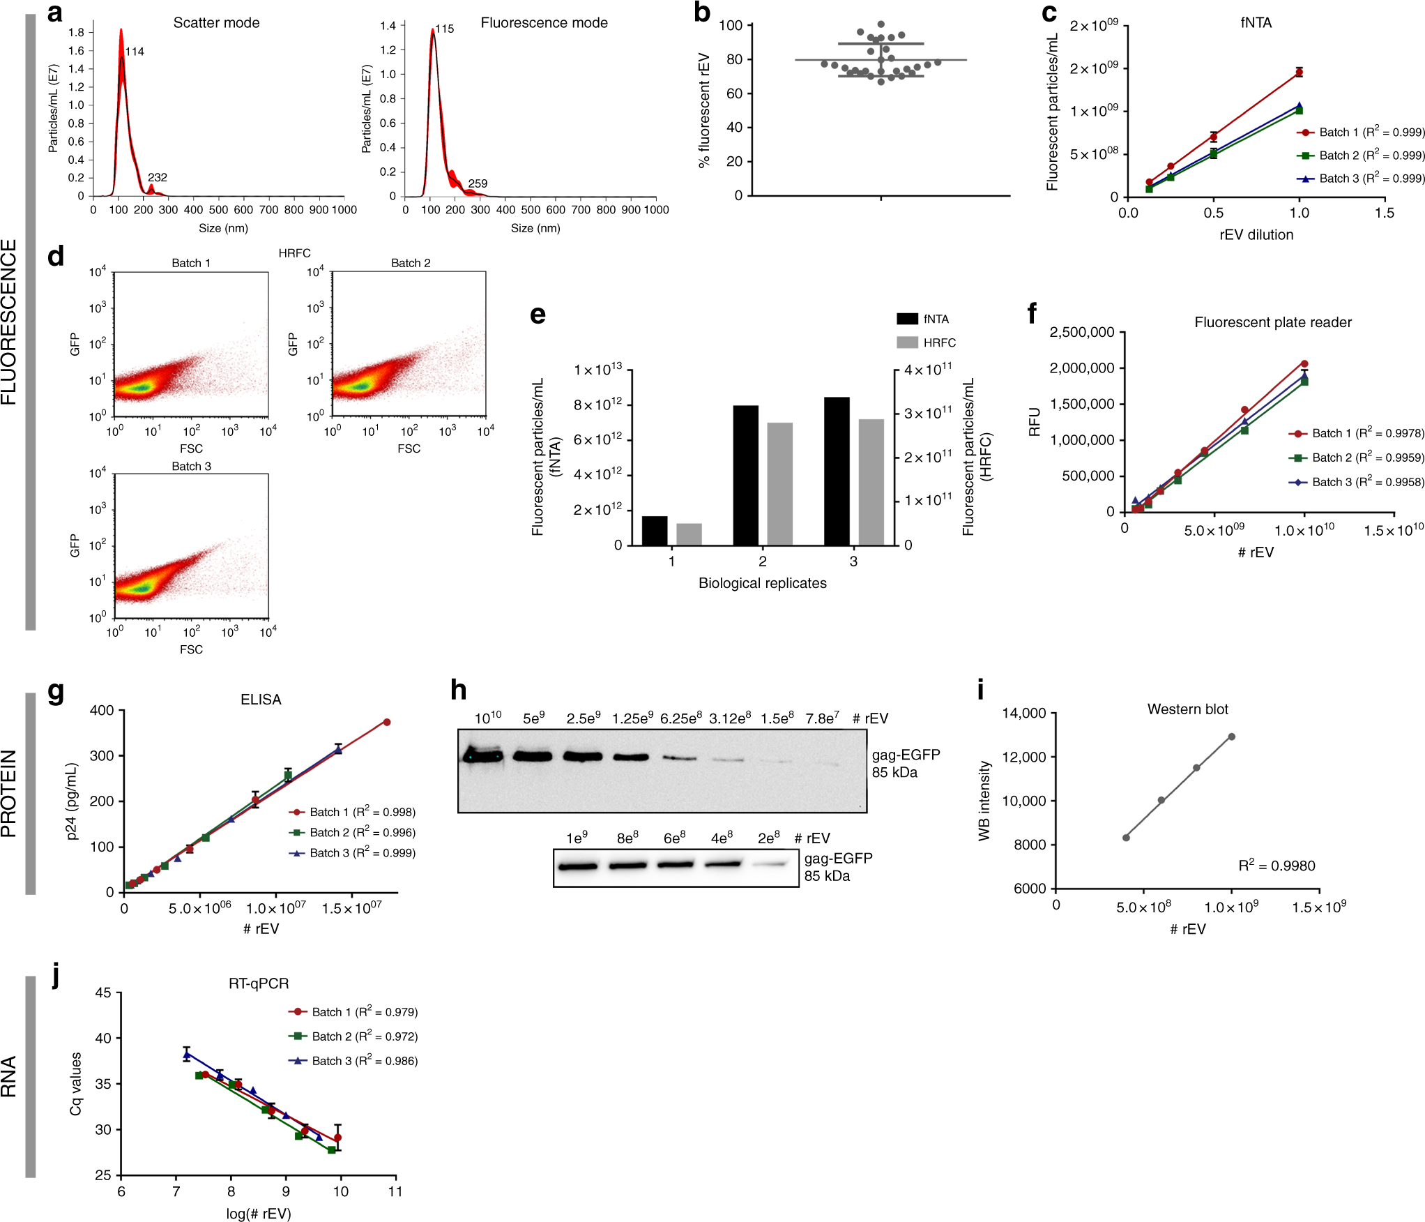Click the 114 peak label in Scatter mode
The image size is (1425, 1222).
coord(135,52)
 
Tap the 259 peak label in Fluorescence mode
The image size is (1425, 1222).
coord(478,183)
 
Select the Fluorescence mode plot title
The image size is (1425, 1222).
coord(544,23)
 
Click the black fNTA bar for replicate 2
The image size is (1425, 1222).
coord(745,475)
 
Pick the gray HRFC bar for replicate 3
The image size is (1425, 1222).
coord(871,482)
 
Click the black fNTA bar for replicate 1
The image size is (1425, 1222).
coord(654,531)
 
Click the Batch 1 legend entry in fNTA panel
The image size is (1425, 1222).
coord(1359,133)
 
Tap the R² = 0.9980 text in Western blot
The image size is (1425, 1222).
coord(1276,866)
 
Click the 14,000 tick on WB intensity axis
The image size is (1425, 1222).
coord(1023,714)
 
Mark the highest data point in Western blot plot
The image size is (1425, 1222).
coord(1231,737)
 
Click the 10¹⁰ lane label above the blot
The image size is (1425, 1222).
coord(487,718)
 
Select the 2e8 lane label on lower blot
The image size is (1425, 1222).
coord(768,838)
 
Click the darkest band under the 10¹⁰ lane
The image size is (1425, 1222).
coord(482,756)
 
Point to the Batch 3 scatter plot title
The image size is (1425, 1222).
coord(191,466)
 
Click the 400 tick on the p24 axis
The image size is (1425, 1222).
coord(102,711)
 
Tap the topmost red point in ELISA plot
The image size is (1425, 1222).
coord(386,722)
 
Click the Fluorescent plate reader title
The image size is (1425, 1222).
coord(1272,322)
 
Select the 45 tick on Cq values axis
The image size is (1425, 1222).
coord(103,993)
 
